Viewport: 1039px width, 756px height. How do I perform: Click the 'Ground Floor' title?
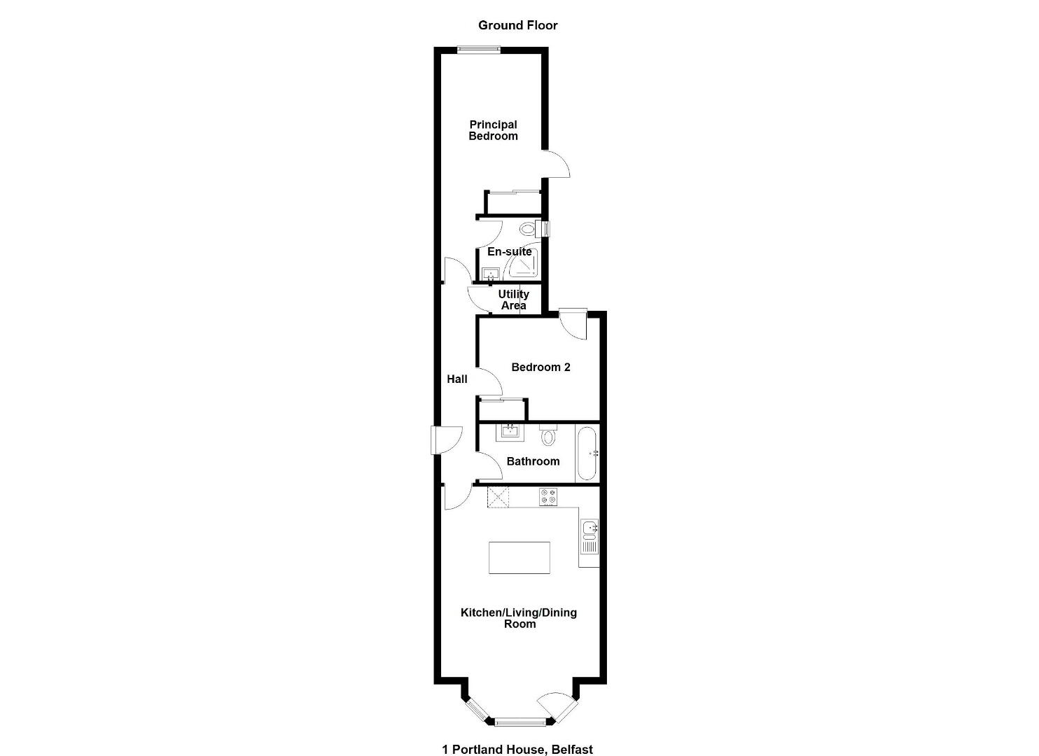pos(517,25)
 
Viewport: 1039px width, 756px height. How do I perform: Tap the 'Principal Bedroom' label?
pos(493,130)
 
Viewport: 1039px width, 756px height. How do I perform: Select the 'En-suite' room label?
pos(509,251)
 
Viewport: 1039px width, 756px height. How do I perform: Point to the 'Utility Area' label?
pos(513,300)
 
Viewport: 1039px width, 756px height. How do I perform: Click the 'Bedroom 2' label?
pos(541,367)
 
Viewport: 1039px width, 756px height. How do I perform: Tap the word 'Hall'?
pos(457,379)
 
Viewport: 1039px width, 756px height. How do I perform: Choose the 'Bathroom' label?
pos(533,461)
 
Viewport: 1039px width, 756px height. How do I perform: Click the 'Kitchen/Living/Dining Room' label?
pos(519,618)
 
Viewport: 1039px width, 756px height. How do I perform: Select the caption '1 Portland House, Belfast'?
pos(517,736)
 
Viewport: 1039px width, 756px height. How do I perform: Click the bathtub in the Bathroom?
pos(587,454)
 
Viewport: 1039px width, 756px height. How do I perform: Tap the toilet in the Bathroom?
pos(548,435)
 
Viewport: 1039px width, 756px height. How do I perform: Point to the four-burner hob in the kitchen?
pos(548,497)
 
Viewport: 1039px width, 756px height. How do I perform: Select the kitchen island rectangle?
pos(519,557)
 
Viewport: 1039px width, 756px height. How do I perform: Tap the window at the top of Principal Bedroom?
pos(479,50)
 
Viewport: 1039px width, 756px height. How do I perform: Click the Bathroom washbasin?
pos(510,433)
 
